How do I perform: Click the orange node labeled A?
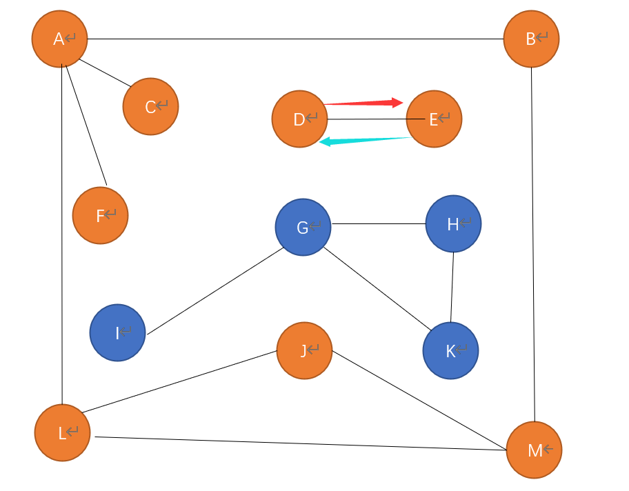60,39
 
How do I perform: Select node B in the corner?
531,39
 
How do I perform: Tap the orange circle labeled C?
150,106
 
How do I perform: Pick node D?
299,119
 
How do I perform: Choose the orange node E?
434,119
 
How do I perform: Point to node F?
100,215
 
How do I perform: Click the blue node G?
303,227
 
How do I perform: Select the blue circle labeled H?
453,224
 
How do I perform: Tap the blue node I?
117,332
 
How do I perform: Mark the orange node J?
304,350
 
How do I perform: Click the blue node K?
450,350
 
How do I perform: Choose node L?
62,432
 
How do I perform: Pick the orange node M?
534,450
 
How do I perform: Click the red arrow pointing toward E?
363,103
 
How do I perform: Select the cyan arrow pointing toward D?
365,141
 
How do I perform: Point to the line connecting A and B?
295,39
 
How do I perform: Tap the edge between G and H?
379,224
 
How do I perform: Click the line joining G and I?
215,291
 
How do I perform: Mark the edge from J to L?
179,381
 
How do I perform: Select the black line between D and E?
376,119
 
